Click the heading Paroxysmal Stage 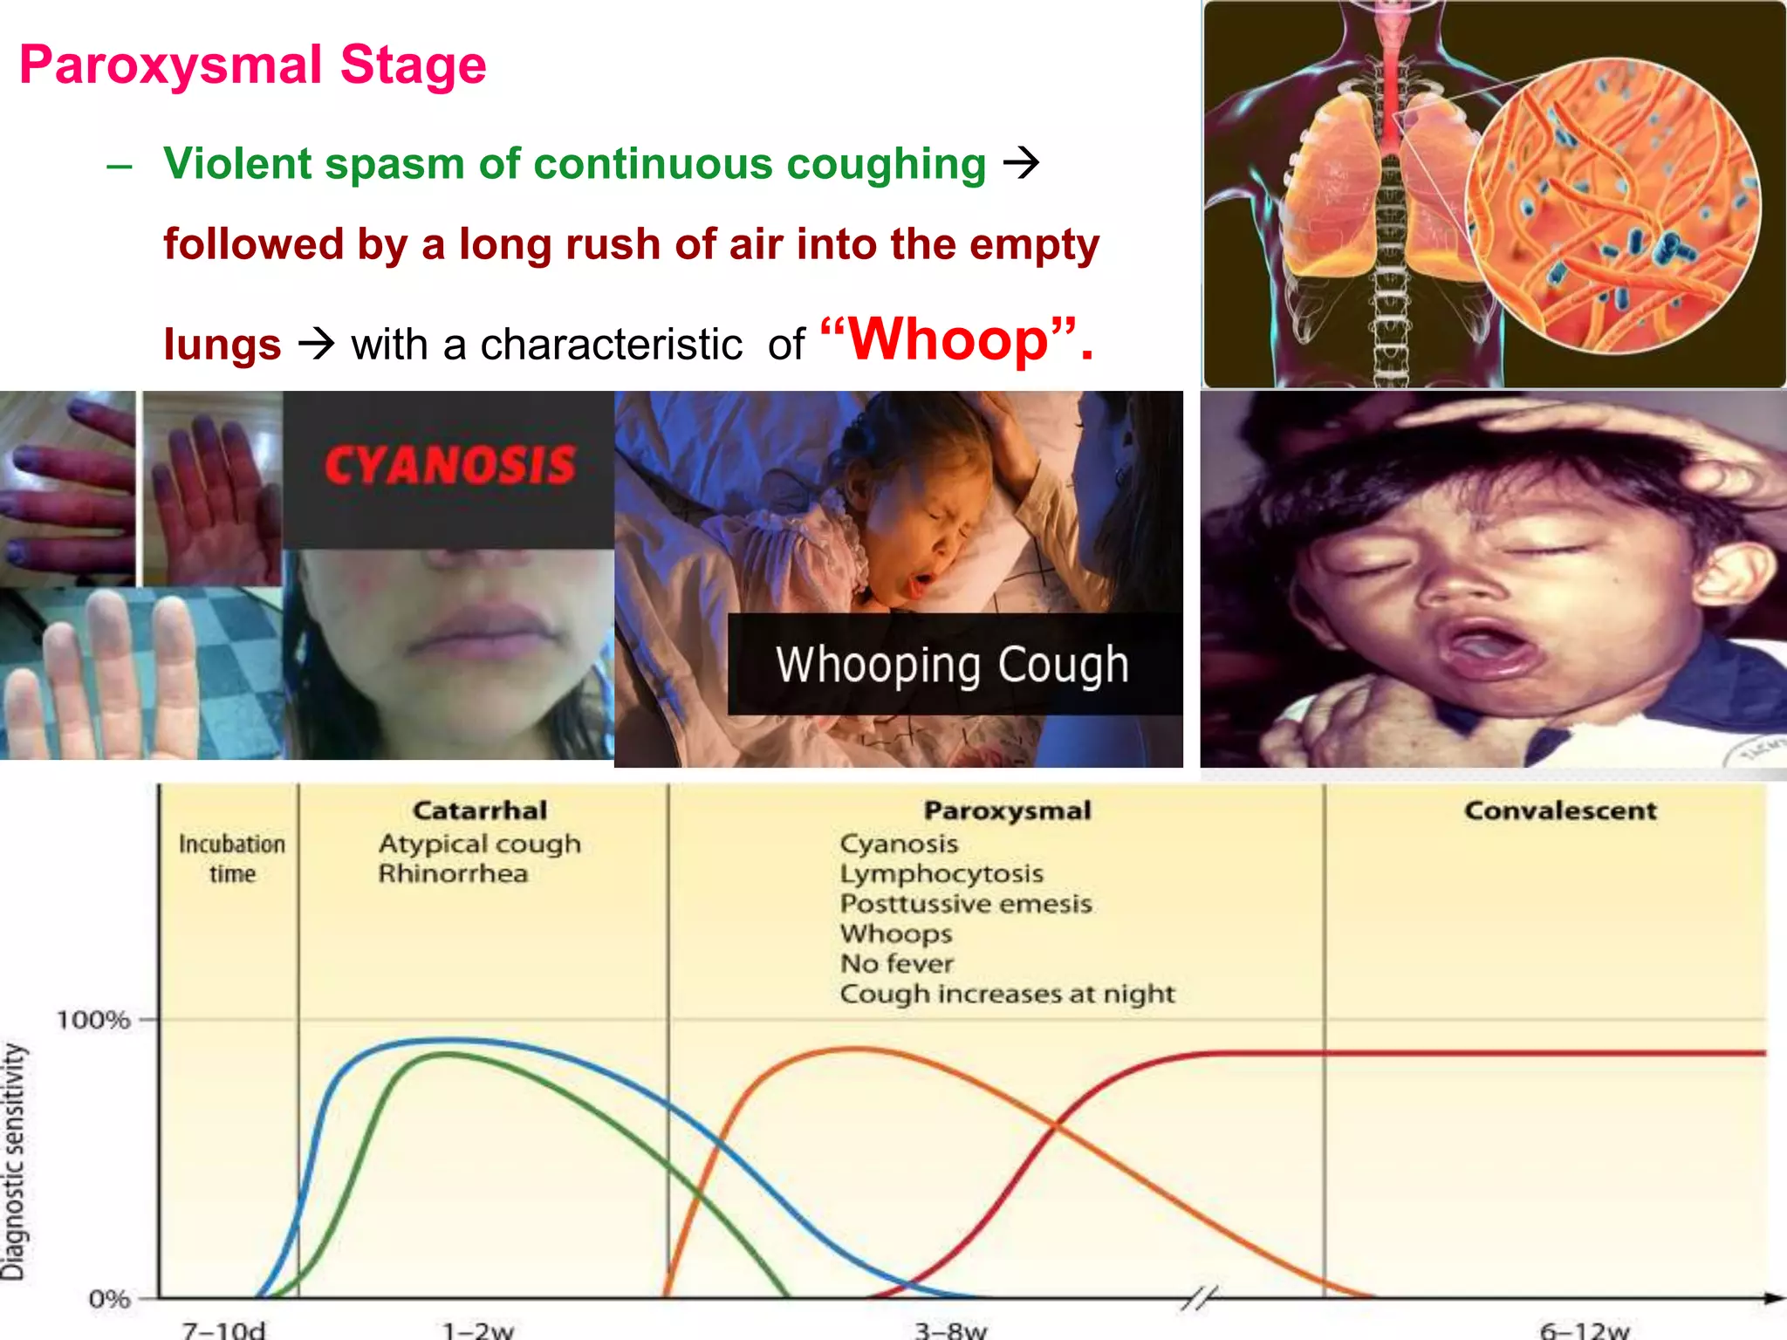point(252,65)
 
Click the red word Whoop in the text point(948,339)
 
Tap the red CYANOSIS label point(450,465)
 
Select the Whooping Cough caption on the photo point(952,665)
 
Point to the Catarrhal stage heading point(480,810)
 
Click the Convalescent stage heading point(1560,810)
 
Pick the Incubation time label point(231,858)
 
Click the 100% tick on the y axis point(94,1019)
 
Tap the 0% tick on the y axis point(110,1299)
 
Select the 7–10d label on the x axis point(223,1330)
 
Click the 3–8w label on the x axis point(950,1330)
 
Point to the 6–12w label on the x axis point(1584,1330)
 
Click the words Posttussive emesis point(966,904)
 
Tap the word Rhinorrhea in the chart point(453,873)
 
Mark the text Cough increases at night point(1007,994)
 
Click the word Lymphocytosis point(941,873)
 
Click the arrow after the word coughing point(1021,163)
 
